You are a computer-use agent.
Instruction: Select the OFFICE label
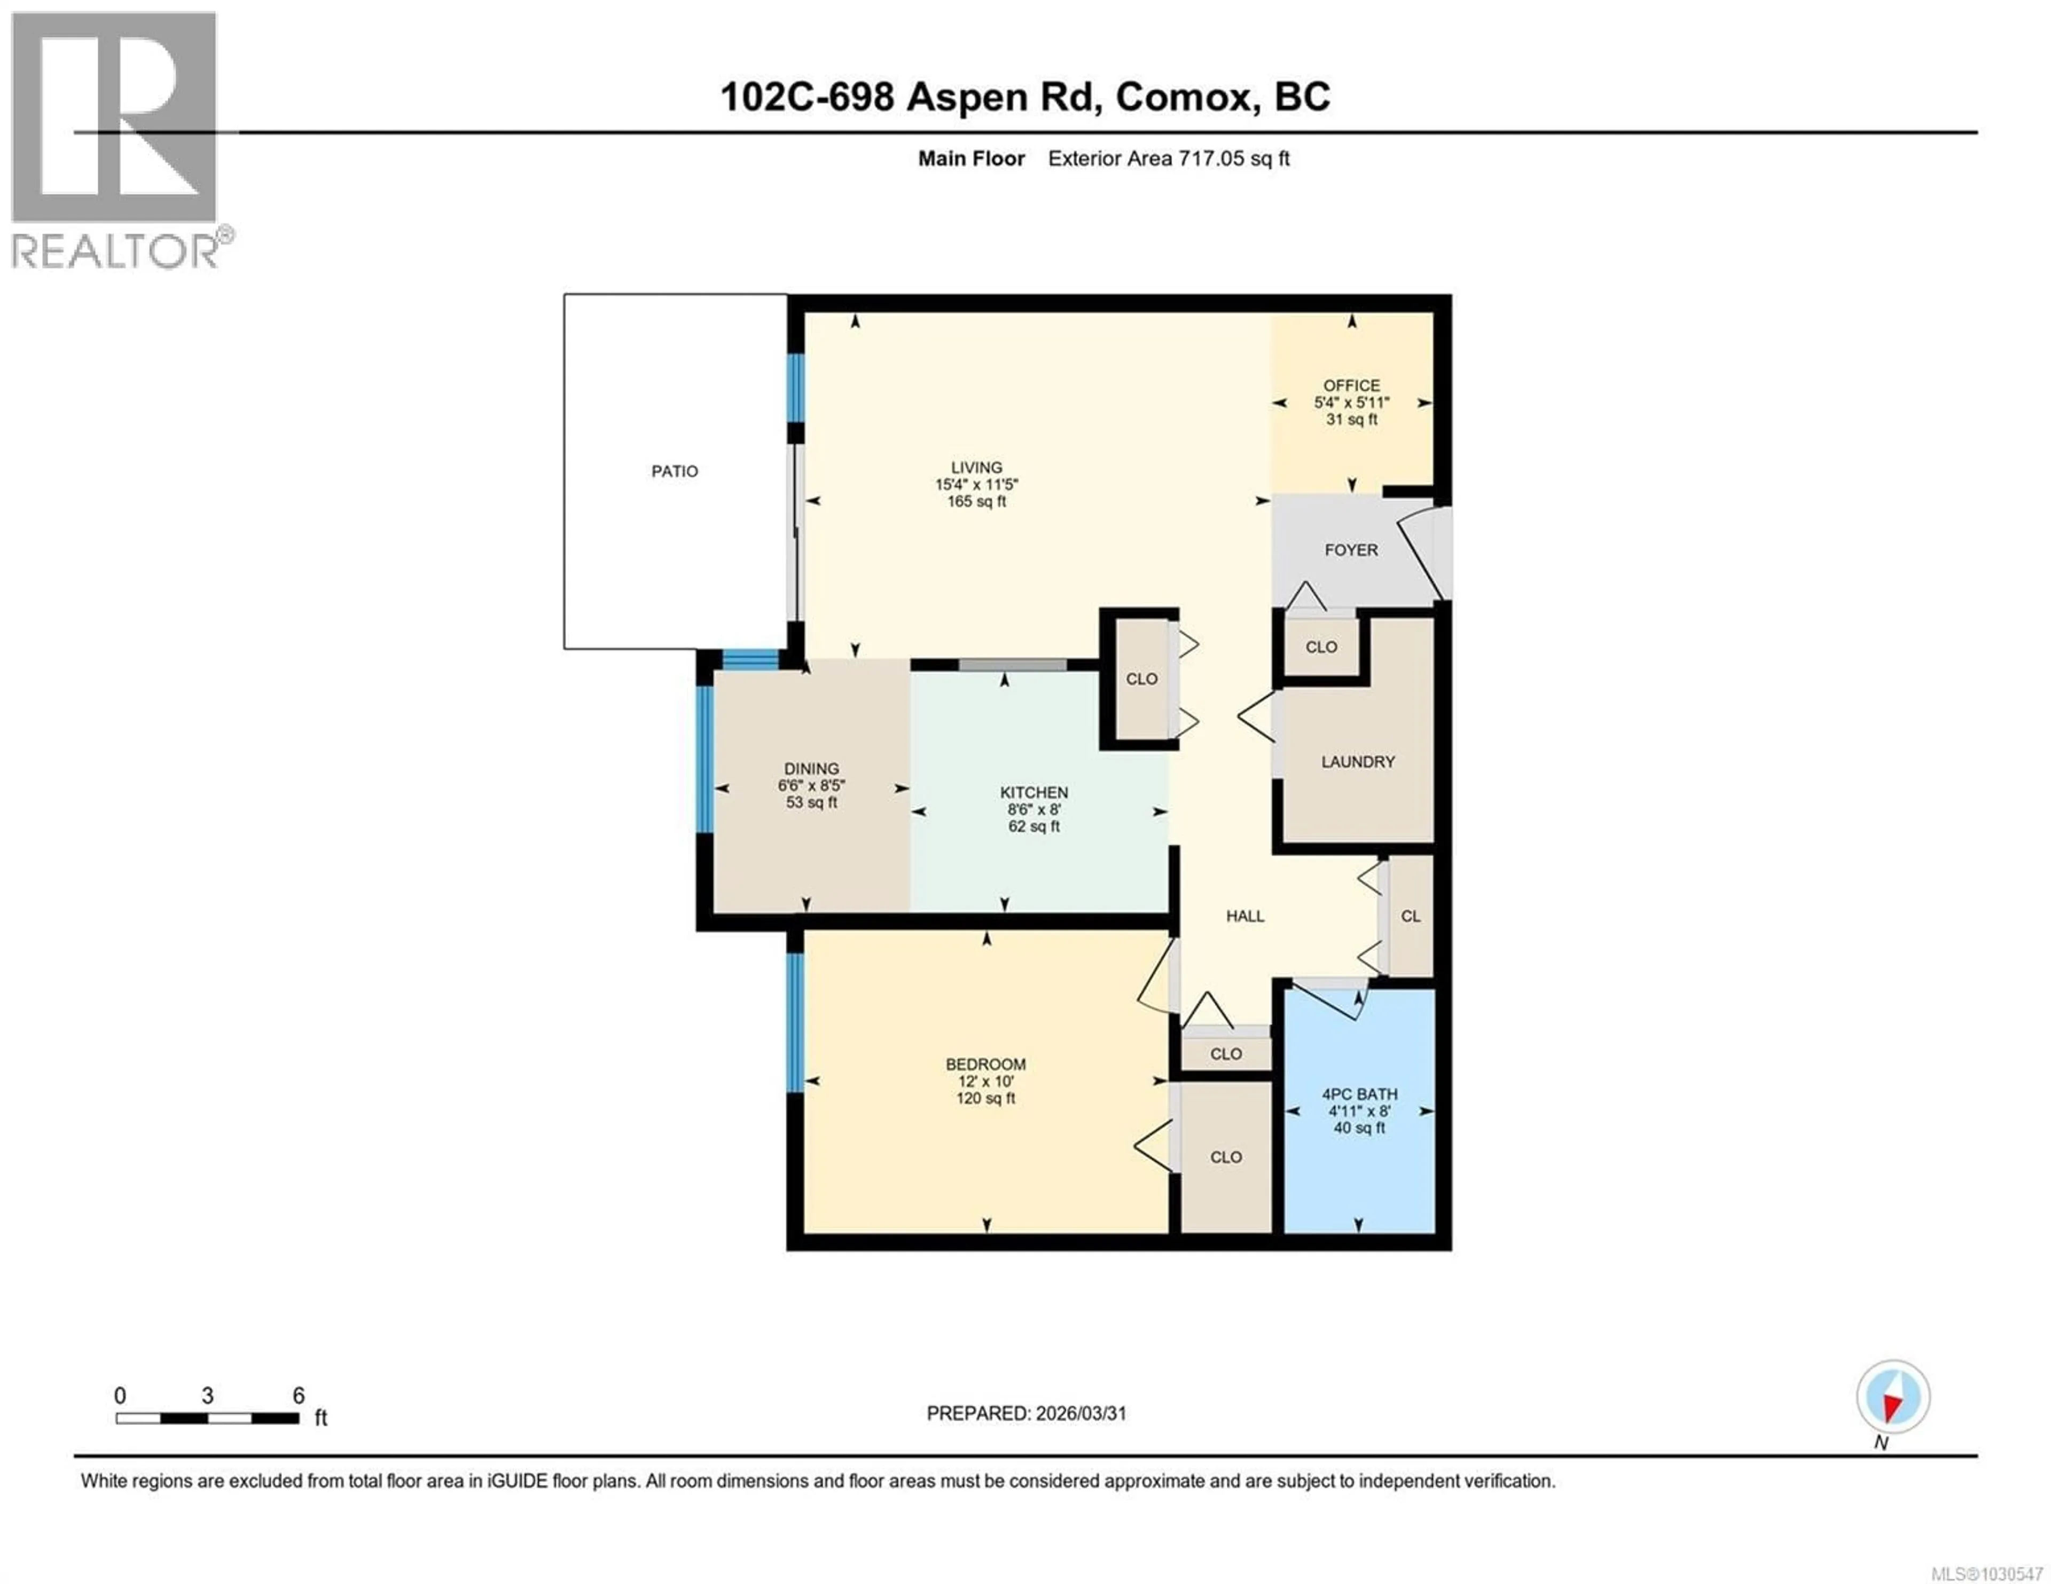point(1351,385)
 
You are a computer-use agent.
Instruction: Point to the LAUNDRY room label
point(1357,761)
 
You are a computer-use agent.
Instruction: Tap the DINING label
point(811,768)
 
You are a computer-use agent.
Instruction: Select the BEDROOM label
point(985,1064)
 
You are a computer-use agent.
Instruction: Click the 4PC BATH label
point(1359,1094)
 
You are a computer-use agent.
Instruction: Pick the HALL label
point(1244,916)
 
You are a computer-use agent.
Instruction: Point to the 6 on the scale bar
point(299,1395)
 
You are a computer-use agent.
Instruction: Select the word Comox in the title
point(1186,97)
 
